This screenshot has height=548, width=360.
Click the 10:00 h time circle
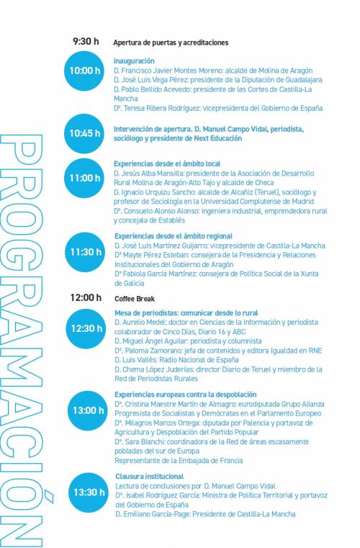click(x=85, y=71)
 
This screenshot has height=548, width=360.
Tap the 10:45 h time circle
click(x=85, y=133)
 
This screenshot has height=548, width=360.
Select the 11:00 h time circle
click(x=85, y=178)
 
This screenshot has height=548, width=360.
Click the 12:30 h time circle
click(x=86, y=328)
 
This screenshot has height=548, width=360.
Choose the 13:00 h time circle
click(x=88, y=410)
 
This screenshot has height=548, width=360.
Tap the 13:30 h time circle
click(x=89, y=493)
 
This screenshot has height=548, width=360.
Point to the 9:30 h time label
click(x=86, y=42)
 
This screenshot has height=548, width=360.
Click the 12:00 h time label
click(x=86, y=297)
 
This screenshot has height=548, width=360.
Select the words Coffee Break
click(x=135, y=298)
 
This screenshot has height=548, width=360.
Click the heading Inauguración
click(x=134, y=61)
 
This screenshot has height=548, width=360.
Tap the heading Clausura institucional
click(x=149, y=477)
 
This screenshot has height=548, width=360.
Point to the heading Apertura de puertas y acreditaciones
click(x=171, y=42)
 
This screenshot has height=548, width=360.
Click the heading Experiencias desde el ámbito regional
click(x=174, y=236)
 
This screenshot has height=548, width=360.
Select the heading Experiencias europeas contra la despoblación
click(x=186, y=395)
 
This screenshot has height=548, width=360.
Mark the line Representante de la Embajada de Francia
click(x=179, y=460)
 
